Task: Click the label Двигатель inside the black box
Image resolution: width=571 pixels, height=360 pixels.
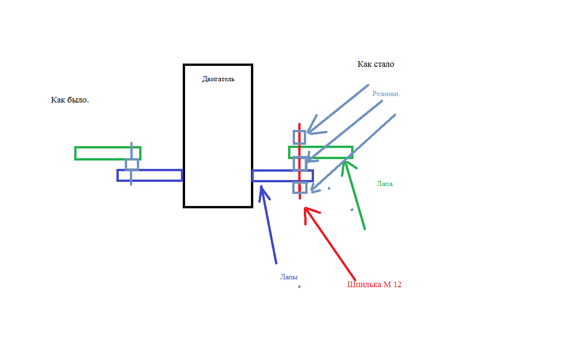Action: [x=218, y=79]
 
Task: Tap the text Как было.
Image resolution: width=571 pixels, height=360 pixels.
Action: [x=70, y=100]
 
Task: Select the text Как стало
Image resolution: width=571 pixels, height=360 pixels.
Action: [x=376, y=64]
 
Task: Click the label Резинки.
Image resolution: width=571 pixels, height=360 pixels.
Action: [x=386, y=93]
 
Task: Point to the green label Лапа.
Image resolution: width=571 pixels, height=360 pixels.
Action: [x=385, y=184]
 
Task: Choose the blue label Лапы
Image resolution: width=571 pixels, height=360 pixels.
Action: [x=289, y=276]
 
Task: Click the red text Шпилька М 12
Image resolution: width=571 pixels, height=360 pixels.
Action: [x=374, y=284]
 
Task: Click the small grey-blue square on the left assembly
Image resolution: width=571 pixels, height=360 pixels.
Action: [x=132, y=164]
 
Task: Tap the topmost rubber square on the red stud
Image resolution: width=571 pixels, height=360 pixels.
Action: [x=300, y=137]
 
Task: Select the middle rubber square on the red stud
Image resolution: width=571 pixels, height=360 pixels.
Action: [x=300, y=163]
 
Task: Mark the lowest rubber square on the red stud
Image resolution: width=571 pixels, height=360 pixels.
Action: [x=300, y=187]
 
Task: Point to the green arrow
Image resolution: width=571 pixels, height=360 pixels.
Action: [x=354, y=195]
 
